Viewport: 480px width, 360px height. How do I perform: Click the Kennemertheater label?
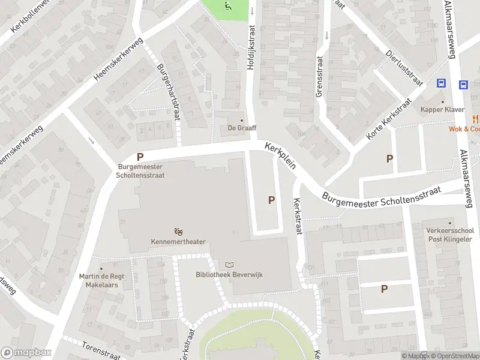click(178, 242)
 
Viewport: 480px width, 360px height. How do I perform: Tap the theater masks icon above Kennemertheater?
click(178, 231)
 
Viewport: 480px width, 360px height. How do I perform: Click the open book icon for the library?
click(229, 264)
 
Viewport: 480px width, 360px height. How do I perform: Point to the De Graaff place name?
click(242, 127)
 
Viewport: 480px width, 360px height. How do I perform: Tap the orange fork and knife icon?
click(475, 118)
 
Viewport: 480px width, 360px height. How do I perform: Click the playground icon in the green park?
click(227, 7)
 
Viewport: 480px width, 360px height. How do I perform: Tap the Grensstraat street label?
click(319, 77)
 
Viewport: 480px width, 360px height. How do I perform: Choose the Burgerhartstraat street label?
click(168, 92)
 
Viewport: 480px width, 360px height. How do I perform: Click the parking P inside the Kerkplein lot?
click(272, 200)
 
